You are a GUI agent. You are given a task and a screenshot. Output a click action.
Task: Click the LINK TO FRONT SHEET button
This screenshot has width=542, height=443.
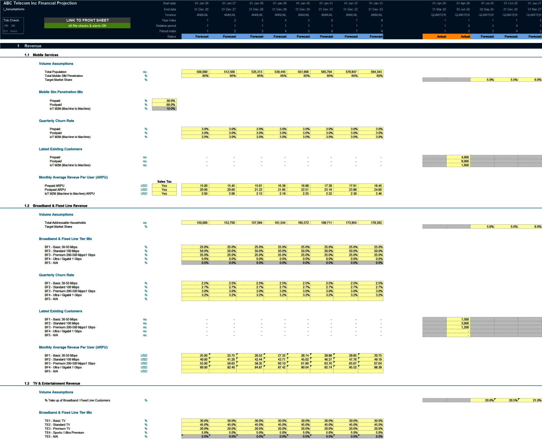pyautogui.click(x=87, y=20)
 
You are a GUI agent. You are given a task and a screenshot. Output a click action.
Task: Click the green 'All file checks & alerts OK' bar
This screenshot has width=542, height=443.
pyautogui.click(x=87, y=26)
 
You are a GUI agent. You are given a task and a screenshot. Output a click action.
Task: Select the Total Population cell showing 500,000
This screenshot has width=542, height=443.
pyautogui.click(x=195, y=72)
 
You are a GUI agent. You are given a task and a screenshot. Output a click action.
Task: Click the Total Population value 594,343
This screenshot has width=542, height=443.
pyautogui.click(x=371, y=72)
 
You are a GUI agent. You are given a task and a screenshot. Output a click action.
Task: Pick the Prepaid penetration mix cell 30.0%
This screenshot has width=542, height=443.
pyautogui.click(x=164, y=101)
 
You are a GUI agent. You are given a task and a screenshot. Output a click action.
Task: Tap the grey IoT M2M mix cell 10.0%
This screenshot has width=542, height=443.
pyautogui.click(x=164, y=109)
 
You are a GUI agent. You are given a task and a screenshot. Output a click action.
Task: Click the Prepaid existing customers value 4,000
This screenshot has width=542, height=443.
pyautogui.click(x=458, y=157)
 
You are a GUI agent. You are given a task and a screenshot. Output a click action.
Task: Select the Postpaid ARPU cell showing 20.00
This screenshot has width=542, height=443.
pyautogui.click(x=195, y=190)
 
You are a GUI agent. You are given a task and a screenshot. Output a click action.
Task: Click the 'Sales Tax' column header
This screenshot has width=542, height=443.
pyautogui.click(x=164, y=181)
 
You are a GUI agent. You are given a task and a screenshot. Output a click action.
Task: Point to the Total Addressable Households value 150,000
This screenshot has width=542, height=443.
pyautogui.click(x=195, y=223)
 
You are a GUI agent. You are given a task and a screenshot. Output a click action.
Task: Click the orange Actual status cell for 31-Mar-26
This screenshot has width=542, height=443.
pyautogui.click(x=434, y=36)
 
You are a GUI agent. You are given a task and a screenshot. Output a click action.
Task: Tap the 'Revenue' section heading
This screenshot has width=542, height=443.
pyautogui.click(x=33, y=46)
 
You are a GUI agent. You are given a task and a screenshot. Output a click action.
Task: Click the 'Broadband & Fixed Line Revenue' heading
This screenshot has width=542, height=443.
pyautogui.click(x=60, y=206)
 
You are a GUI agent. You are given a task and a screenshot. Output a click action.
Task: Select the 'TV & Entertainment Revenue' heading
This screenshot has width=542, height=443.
pyautogui.click(x=56, y=383)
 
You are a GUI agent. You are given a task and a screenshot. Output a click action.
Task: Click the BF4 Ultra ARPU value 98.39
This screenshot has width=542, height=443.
pyautogui.click(x=371, y=367)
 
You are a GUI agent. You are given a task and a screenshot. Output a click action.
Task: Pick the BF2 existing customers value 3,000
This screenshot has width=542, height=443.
pyautogui.click(x=458, y=323)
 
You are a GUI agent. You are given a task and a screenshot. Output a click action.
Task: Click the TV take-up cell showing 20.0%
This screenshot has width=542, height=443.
pyautogui.click(x=482, y=400)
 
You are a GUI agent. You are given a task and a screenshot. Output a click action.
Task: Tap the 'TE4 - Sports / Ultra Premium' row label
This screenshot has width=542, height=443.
pyautogui.click(x=64, y=433)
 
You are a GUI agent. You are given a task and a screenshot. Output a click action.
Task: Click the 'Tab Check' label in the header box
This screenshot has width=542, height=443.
pyautogui.click(x=11, y=20)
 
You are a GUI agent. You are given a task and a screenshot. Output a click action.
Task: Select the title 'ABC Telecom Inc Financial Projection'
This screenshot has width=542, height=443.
pyautogui.click(x=40, y=3)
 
